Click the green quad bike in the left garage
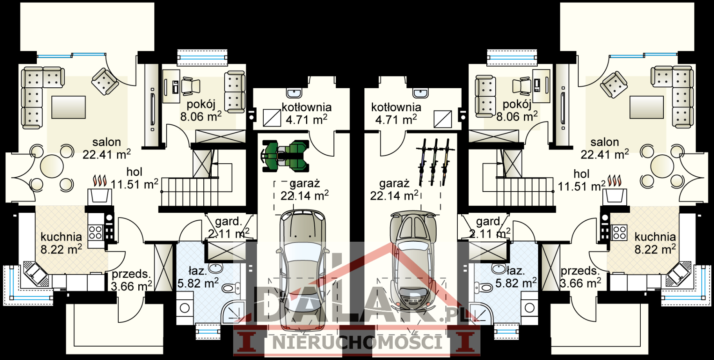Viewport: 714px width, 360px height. [285, 156]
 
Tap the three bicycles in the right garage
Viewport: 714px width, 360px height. [434, 162]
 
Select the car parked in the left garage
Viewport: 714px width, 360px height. [302, 269]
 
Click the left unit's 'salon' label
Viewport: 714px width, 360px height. [107, 142]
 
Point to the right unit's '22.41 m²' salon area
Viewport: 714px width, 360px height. [605, 154]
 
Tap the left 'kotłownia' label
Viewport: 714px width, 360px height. [306, 107]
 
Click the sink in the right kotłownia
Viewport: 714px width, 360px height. [420, 93]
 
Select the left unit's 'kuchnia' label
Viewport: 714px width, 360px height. [61, 237]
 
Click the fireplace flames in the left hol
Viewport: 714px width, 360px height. [100, 181]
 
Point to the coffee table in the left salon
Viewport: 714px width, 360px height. [69, 107]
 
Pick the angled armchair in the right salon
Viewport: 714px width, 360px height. [614, 84]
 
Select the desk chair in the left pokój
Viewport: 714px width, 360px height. [190, 86]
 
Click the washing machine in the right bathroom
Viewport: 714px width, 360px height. [529, 308]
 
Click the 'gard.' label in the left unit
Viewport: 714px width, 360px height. [228, 221]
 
